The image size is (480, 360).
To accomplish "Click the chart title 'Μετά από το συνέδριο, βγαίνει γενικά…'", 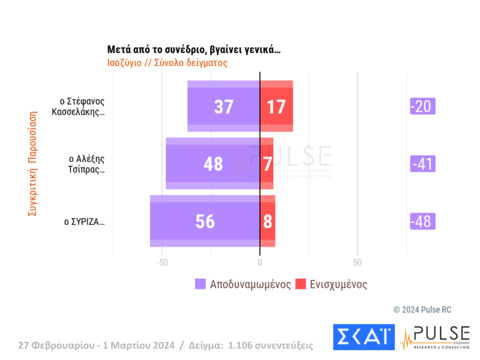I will [194, 50].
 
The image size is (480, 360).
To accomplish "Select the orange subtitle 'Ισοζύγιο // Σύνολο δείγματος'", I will [167, 63].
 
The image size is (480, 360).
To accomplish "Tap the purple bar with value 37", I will [223, 106].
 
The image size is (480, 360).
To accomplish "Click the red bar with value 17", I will [277, 106].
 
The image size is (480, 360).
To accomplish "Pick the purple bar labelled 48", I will [213, 164].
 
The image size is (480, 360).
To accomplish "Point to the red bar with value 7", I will [267, 164].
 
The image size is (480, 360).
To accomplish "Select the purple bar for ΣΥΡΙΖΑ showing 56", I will [205, 221].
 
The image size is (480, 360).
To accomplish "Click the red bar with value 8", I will [267, 221].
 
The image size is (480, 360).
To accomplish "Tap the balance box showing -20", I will [423, 106].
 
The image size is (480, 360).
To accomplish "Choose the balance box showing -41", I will [423, 164].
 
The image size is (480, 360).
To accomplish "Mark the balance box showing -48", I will [423, 221].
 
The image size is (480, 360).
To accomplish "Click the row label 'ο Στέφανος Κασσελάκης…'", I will [82, 107].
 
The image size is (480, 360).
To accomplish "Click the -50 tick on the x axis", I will [161, 263].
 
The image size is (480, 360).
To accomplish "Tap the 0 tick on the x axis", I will [260, 263].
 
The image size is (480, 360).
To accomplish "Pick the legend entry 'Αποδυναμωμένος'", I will [242, 284].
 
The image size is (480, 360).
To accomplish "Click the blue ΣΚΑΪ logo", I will [363, 337].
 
